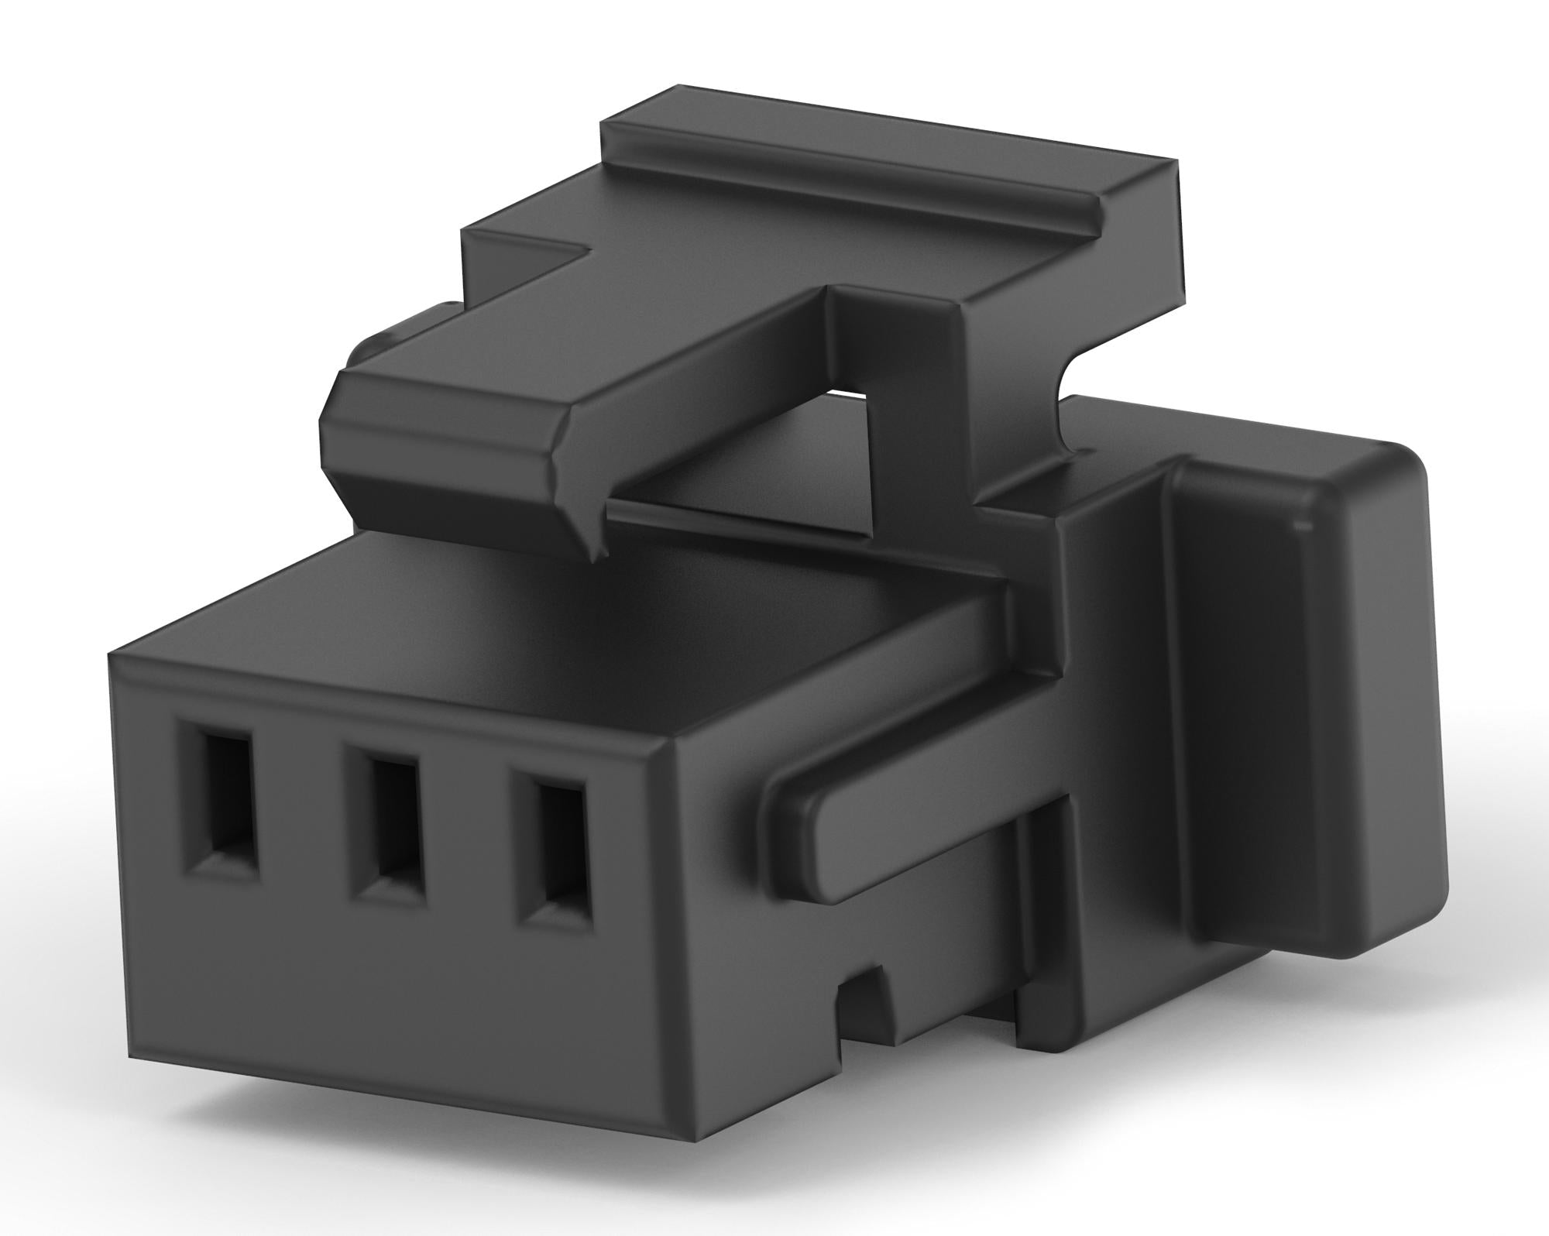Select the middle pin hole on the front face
[x=394, y=822]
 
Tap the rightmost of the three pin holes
[x=558, y=844]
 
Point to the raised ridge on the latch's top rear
[x=852, y=167]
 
